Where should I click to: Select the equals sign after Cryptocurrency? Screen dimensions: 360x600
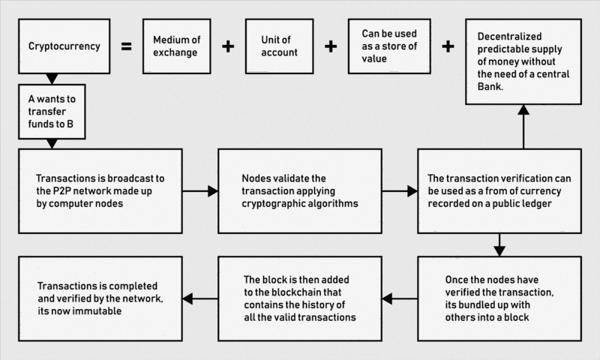(126, 46)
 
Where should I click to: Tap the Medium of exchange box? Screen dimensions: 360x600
(175, 46)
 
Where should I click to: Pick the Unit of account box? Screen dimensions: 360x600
(278, 46)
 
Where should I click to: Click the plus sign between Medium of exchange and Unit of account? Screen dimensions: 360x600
(227, 46)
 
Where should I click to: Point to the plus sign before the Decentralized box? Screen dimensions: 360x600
(448, 46)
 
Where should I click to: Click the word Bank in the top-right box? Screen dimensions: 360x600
(490, 88)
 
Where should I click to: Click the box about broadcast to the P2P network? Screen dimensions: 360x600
(100, 191)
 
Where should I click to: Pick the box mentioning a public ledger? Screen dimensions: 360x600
(499, 191)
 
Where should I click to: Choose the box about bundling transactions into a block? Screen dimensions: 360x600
(499, 298)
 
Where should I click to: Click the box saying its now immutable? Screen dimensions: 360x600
(100, 298)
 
